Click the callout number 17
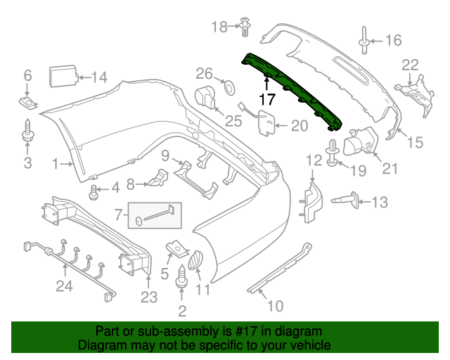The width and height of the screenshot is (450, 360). pyautogui.click(x=267, y=99)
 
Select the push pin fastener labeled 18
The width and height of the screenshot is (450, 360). pyautogui.click(x=245, y=27)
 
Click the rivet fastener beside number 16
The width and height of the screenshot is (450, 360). pyautogui.click(x=366, y=40)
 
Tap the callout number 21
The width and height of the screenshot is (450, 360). pyautogui.click(x=389, y=169)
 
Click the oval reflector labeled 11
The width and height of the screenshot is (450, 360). pyautogui.click(x=197, y=259)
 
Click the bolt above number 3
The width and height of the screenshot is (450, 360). pyautogui.click(x=27, y=131)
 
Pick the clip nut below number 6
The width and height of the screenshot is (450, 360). pyautogui.click(x=27, y=103)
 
